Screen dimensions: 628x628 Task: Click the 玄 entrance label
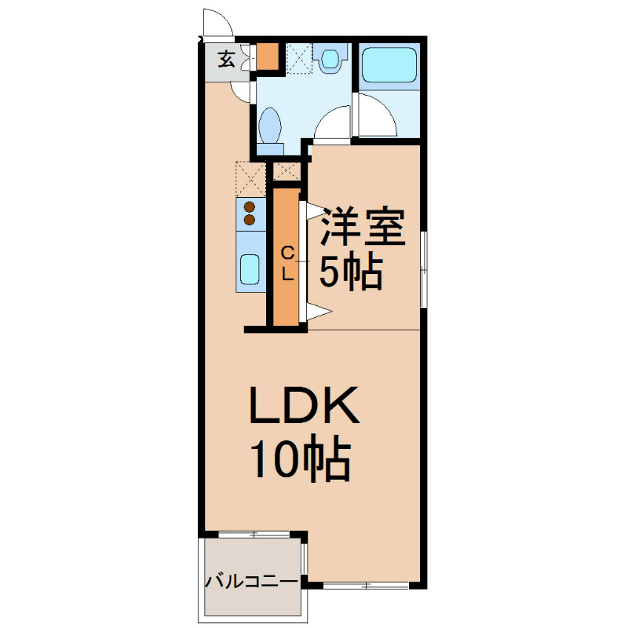[225, 59]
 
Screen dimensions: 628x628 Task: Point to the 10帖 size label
[299, 461]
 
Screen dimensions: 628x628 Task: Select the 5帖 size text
[350, 272]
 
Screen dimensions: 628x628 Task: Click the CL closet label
[287, 264]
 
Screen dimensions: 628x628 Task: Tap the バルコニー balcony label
[251, 582]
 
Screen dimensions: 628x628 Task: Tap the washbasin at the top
[331, 59]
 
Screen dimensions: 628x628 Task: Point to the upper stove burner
[250, 207]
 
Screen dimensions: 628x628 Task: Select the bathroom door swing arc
[334, 122]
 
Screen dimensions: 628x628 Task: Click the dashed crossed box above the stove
[250, 178]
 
